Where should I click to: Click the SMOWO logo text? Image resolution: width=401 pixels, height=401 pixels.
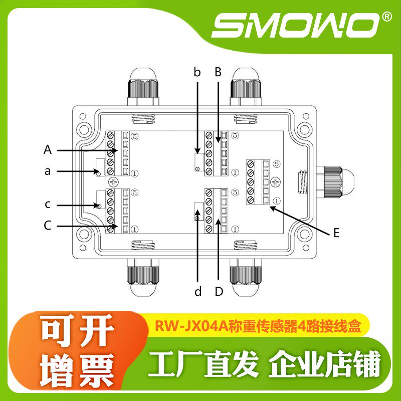click(x=296, y=24)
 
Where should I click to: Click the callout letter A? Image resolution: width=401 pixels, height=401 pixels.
click(x=48, y=149)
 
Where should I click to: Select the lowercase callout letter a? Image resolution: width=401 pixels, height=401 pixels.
click(x=48, y=171)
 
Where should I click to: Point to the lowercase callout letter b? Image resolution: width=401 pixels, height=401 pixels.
click(x=197, y=72)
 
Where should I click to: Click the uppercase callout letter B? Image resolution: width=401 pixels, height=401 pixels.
click(x=218, y=72)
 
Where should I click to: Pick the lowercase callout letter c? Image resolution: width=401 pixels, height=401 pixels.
click(x=48, y=205)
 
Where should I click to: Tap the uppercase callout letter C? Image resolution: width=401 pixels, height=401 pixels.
click(x=48, y=226)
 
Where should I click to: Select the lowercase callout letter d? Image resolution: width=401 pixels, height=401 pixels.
click(x=198, y=292)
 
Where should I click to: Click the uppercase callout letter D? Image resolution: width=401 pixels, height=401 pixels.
click(x=219, y=292)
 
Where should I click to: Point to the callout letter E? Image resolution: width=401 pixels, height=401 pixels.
click(x=336, y=233)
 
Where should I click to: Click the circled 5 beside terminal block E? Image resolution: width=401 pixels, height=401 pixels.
click(x=277, y=163)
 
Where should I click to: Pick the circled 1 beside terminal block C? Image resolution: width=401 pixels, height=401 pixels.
click(x=134, y=229)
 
